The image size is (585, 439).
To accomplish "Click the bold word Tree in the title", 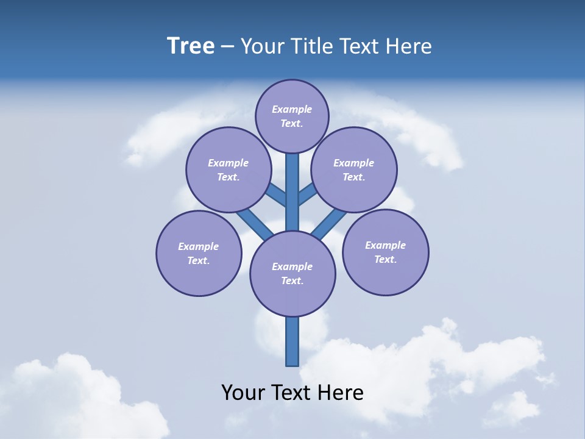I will [191, 46].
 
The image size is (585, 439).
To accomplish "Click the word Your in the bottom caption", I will [244, 392].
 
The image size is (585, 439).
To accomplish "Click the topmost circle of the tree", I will [292, 116].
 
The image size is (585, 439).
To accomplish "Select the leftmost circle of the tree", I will [199, 254].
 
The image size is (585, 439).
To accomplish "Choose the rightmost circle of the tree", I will [385, 252].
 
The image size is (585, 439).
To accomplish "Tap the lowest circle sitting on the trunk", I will [292, 274].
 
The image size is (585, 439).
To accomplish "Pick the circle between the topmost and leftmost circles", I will [229, 170].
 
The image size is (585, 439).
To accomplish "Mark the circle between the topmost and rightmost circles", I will [353, 170].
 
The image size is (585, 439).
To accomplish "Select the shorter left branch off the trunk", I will [277, 195].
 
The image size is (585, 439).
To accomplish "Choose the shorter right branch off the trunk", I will [307, 195].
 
